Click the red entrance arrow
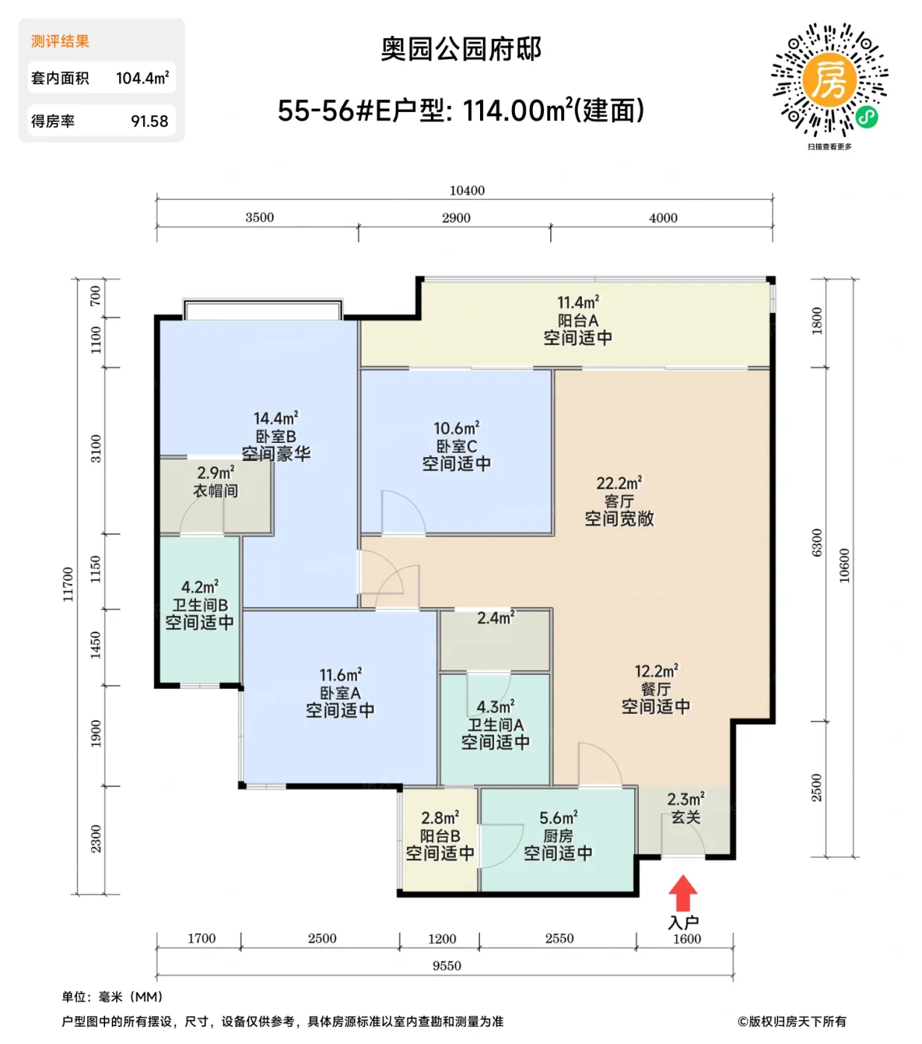[x=683, y=893]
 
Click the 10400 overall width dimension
[x=467, y=190]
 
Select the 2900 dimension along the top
[x=455, y=218]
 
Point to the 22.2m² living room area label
[x=619, y=483]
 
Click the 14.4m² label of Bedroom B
[x=276, y=418]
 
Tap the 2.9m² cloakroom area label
[x=215, y=473]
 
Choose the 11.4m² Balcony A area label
[x=578, y=303]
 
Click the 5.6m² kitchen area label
[x=558, y=818]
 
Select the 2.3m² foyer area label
[x=685, y=799]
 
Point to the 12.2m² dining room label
[x=656, y=671]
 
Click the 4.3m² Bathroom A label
[x=496, y=706]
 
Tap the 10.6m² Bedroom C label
[x=456, y=429]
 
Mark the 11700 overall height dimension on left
[x=68, y=584]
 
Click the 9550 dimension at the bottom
[x=446, y=966]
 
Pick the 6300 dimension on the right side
[x=817, y=542]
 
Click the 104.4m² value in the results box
[x=142, y=78]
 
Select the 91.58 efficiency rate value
[x=149, y=122]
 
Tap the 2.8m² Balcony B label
[x=440, y=818]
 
